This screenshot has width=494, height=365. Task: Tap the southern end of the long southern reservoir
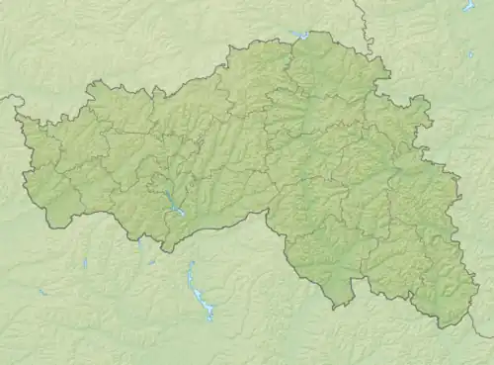(209, 319)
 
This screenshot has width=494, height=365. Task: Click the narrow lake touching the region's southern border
(141, 243)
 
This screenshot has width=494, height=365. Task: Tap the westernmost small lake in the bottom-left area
(42, 292)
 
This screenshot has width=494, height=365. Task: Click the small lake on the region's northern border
(300, 36)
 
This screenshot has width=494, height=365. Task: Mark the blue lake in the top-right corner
(468, 5)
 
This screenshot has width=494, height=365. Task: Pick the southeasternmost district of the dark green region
(435, 287)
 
